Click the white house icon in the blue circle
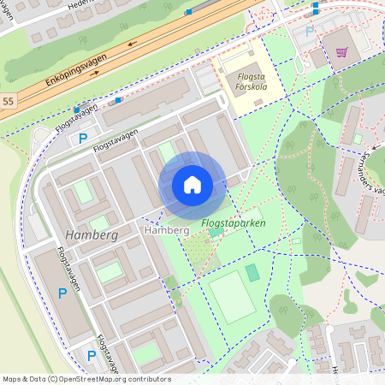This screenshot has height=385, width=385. [192, 185]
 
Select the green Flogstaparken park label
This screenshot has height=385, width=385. [233, 223]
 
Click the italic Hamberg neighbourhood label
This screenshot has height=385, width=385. [90, 234]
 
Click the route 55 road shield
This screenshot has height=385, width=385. [8, 101]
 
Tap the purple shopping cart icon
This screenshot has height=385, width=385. [341, 51]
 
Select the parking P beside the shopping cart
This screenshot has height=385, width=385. [309, 32]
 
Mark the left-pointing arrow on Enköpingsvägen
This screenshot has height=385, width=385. [133, 44]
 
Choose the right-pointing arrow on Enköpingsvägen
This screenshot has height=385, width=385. [94, 73]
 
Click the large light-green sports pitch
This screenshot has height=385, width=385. [231, 297]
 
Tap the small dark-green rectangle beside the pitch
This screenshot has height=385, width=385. [252, 273]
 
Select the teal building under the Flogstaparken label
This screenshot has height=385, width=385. [215, 232]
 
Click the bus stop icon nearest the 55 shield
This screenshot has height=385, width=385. [78, 109]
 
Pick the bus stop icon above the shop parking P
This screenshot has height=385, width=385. [315, 6]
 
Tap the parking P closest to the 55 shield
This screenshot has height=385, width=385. [83, 138]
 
